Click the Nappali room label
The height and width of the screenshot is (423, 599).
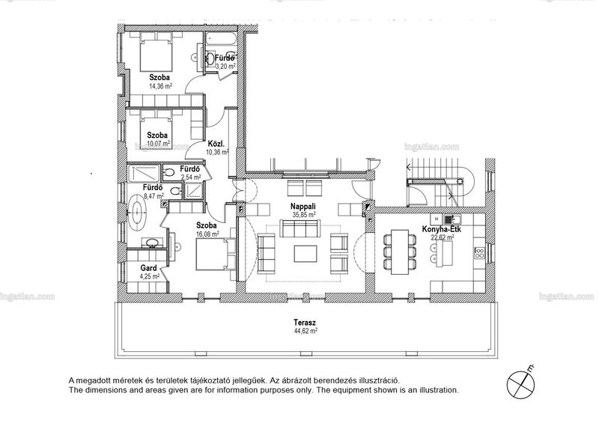coord(303,207)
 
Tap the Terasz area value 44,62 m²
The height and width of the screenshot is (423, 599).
coord(305,332)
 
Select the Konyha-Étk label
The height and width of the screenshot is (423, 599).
coord(441,229)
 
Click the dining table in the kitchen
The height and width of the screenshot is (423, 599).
coord(400,252)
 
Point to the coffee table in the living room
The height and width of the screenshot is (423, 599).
coord(305,253)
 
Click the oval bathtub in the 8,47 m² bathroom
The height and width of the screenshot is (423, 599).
coord(137,213)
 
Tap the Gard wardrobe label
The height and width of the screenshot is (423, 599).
coord(148,268)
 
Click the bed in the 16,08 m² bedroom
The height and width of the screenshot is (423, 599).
coord(215,254)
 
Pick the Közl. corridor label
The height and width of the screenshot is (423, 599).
coord(216,144)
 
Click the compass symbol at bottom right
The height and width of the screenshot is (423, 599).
coord(520,383)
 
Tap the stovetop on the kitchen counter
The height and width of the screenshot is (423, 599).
coord(479,252)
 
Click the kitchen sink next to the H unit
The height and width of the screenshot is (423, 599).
coord(452,219)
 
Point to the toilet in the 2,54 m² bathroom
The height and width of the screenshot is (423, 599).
coord(168,172)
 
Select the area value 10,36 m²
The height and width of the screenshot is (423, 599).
coord(217,152)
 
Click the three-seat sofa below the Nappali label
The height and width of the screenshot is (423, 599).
coord(300,228)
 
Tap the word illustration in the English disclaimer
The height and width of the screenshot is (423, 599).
coord(439,391)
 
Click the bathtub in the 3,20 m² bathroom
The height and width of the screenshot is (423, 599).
coord(221,39)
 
